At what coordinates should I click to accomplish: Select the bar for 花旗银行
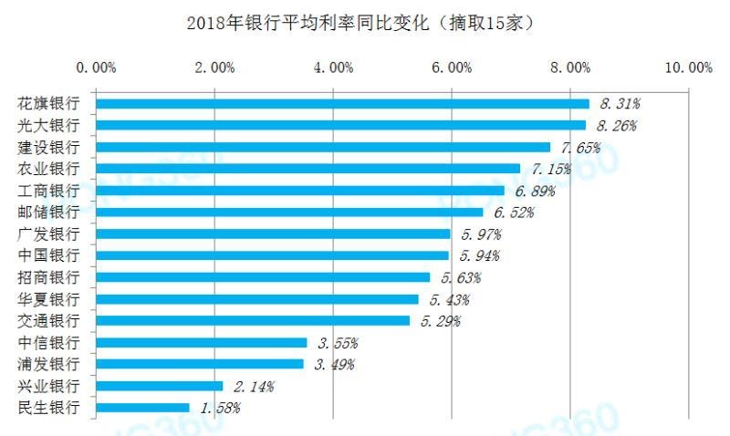pos(342,104)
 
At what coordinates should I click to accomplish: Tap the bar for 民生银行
pos(142,408)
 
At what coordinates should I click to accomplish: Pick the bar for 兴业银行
pos(159,386)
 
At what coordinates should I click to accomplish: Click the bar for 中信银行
pos(201,343)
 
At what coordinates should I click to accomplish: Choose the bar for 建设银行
pos(323,147)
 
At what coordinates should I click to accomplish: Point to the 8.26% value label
pos(616,126)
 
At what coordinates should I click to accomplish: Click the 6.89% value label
pos(535,191)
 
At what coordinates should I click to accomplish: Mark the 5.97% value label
pos(481,234)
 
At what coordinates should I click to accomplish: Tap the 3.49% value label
pos(334,365)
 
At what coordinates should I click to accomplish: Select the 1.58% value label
pos(220,408)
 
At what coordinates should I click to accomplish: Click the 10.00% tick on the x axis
pos(688,67)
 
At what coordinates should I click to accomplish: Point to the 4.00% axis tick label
pos(333,67)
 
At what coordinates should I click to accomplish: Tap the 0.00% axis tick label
pos(96,67)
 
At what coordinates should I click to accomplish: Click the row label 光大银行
pos(49,125)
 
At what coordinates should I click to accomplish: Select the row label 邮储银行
pos(49,212)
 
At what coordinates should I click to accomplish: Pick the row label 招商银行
pos(49,277)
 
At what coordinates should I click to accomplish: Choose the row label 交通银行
pos(49,320)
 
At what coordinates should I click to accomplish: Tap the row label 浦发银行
pos(49,364)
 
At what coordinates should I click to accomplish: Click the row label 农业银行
pos(49,169)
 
